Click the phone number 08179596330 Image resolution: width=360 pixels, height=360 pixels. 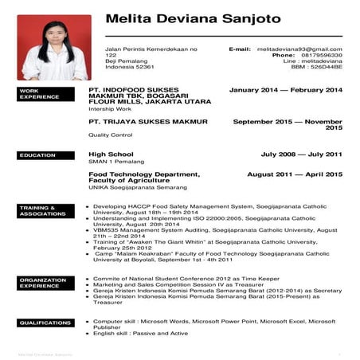pos(319,55)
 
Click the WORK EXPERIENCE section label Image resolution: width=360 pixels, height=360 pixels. pos(39,94)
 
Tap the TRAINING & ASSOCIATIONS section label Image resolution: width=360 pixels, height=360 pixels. pos(39,210)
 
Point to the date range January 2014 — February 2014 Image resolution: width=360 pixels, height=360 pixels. pos(285,90)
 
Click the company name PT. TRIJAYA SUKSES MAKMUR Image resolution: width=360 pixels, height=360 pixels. pos(148,122)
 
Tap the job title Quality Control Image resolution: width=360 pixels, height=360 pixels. pos(110,135)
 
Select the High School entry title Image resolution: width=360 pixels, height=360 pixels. pos(110,154)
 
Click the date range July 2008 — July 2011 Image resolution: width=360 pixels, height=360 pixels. pos(301,154)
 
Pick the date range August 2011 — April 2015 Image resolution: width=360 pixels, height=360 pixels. pos(295,174)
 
